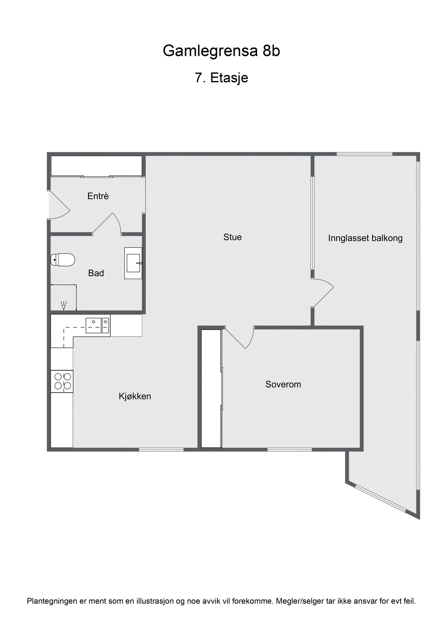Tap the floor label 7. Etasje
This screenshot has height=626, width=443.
[x=221, y=78]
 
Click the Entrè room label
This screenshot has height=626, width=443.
[x=98, y=196]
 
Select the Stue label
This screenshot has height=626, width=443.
[x=233, y=237]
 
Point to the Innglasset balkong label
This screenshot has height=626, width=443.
[x=365, y=238]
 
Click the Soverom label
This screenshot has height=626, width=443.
[x=283, y=384]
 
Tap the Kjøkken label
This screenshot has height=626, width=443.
[x=135, y=396]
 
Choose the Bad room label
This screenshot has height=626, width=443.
[x=96, y=273]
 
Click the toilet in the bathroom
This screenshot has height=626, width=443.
[x=63, y=260]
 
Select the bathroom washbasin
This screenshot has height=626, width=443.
[x=133, y=263]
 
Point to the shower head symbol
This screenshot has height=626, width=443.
[x=64, y=305]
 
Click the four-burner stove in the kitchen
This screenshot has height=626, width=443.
[x=62, y=381]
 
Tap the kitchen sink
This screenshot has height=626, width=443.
[x=97, y=325]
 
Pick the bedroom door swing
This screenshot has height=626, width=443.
[x=239, y=337]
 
